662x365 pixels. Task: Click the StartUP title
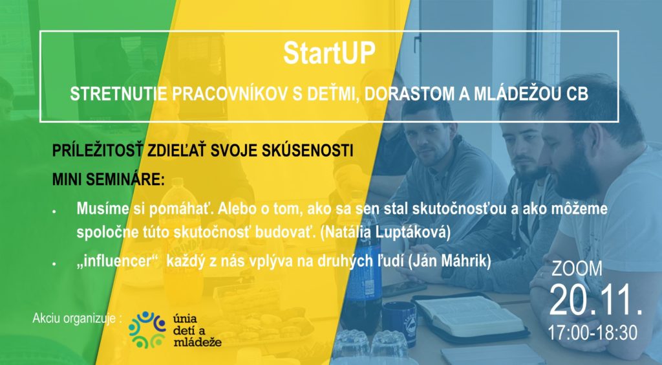click(x=329, y=53)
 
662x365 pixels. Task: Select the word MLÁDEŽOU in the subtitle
click(x=517, y=94)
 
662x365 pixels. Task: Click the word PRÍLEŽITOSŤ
click(x=97, y=151)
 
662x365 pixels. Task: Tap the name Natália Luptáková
click(x=385, y=232)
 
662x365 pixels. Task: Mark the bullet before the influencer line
click(x=54, y=263)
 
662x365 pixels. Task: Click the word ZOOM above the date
click(x=577, y=269)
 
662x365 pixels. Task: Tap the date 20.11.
click(x=596, y=300)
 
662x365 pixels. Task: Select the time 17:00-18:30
click(x=592, y=333)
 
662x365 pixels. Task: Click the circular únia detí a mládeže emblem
click(x=147, y=329)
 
